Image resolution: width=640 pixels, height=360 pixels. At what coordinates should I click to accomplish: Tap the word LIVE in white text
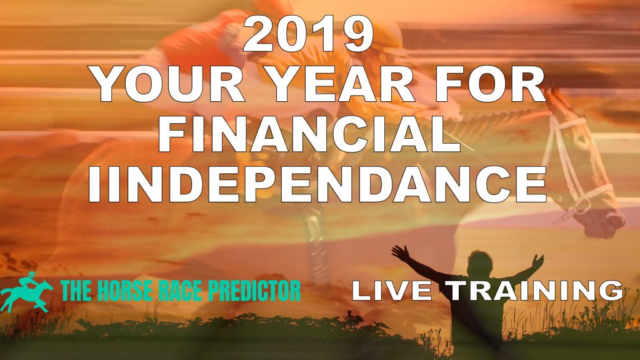(392, 290)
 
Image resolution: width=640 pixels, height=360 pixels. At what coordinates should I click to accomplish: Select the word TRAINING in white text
(534, 290)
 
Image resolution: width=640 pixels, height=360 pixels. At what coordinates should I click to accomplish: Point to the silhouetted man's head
(480, 263)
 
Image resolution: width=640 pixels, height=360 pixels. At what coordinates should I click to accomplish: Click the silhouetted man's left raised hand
(401, 254)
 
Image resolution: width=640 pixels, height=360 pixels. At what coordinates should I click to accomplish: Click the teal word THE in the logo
(76, 290)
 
